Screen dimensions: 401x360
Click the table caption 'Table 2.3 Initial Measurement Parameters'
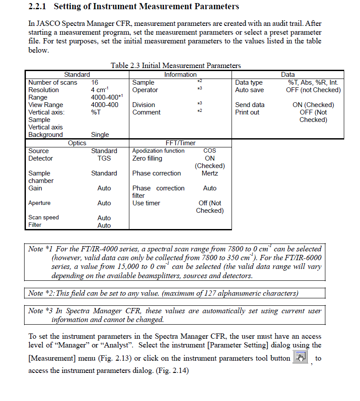175,66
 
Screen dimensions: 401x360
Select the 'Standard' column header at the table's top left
77,75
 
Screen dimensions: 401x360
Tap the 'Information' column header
180,75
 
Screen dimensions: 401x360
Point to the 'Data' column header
288,75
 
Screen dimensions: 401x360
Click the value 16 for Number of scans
95,82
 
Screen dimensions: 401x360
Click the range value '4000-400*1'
107,97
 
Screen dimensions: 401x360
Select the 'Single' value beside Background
100,135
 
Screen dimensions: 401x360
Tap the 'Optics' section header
77,143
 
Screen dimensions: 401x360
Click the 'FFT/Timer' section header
180,143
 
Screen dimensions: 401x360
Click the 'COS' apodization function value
210,150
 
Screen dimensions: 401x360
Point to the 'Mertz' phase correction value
210,173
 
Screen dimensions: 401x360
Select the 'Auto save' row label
250,90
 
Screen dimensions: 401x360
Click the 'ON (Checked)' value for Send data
313,105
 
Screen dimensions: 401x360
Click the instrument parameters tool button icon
300,358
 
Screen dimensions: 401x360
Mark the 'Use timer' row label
146,203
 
